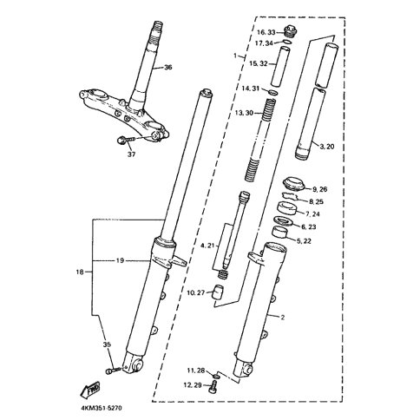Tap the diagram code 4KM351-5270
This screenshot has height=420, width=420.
pyautogui.click(x=102, y=408)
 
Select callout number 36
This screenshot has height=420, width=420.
pyautogui.click(x=167, y=68)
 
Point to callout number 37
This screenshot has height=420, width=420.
pyautogui.click(x=132, y=154)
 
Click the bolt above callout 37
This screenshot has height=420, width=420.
pyautogui.click(x=126, y=140)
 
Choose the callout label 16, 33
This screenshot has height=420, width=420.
pyautogui.click(x=266, y=32)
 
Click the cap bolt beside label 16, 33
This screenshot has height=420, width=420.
pyautogui.click(x=288, y=30)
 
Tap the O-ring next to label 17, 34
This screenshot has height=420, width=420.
pyautogui.click(x=286, y=43)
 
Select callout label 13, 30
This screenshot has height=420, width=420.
pyautogui.click(x=244, y=113)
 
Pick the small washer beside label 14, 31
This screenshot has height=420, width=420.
pyautogui.click(x=273, y=93)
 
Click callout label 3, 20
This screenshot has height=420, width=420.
pyautogui.click(x=326, y=147)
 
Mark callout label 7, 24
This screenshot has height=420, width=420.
pyautogui.click(x=312, y=214)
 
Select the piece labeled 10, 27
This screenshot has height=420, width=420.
pyautogui.click(x=219, y=292)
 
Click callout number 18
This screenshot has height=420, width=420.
pyautogui.click(x=80, y=272)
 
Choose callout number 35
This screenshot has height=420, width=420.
pyautogui.click(x=107, y=345)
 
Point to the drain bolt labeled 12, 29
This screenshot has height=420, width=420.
pyautogui.click(x=213, y=387)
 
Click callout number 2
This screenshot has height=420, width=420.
pyautogui.click(x=283, y=318)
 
